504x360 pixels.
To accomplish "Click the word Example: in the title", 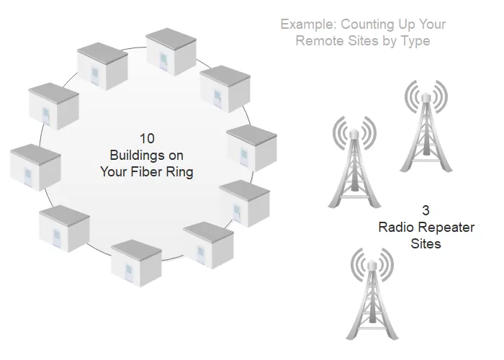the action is pyautogui.click(x=308, y=24).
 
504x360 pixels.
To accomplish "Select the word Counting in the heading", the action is pyautogui.click(x=367, y=24).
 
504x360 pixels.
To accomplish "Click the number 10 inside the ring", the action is pyautogui.click(x=147, y=138).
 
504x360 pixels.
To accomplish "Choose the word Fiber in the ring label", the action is pyautogui.click(x=147, y=171).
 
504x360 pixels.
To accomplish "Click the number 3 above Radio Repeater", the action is pyautogui.click(x=426, y=210).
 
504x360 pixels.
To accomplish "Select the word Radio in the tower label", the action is pyautogui.click(x=392, y=228).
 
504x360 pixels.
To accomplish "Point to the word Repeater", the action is pyautogui.click(x=443, y=228).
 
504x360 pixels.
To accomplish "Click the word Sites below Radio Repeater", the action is pyautogui.click(x=426, y=243).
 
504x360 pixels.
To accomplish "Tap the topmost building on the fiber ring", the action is pyautogui.click(x=171, y=51).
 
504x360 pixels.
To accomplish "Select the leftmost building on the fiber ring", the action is pyautogui.click(x=35, y=168).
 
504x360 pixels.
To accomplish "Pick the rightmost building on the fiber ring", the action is pyautogui.click(x=252, y=148).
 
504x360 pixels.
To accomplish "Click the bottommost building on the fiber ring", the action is pyautogui.click(x=136, y=263).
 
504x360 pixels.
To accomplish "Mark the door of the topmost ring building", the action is pyautogui.click(x=164, y=61).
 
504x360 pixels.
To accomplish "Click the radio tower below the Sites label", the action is pyautogui.click(x=372, y=294).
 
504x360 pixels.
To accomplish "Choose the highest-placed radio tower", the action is pyautogui.click(x=426, y=126).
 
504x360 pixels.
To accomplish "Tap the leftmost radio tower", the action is pyautogui.click(x=354, y=162).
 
